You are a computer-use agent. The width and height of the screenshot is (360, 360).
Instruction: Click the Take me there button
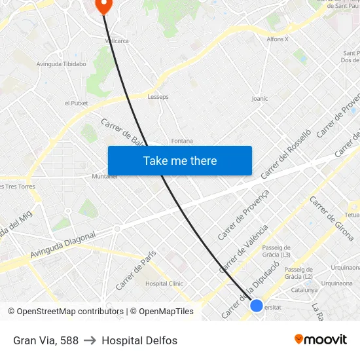pos(180,160)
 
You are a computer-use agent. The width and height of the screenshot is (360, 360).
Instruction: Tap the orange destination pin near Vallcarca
pos(104,5)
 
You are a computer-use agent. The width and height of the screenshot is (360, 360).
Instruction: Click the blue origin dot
pos(257,305)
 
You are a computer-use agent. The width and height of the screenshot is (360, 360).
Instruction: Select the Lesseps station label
pos(158,97)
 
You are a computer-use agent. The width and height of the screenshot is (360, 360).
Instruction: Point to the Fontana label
pos(182,141)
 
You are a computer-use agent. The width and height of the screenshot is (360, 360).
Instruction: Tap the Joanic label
pos(260,99)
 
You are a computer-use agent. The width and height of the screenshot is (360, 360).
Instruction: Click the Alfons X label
pos(278,39)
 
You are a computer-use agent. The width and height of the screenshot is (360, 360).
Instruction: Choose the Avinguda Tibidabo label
pos(62,64)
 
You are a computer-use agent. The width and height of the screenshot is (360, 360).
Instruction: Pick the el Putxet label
pos(76,103)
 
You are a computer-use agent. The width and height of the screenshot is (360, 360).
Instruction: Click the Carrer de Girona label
pos(331,218)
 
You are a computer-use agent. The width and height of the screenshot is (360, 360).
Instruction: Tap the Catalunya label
pos(304,289)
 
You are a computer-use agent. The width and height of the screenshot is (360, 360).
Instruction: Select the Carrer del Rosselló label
pos(284,154)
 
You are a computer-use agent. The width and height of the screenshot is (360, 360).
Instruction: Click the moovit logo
pos(321,340)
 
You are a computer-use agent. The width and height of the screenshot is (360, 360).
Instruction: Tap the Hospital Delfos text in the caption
pos(139,340)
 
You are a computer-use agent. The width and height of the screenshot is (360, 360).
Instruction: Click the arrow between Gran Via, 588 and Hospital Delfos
pos(90,340)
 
